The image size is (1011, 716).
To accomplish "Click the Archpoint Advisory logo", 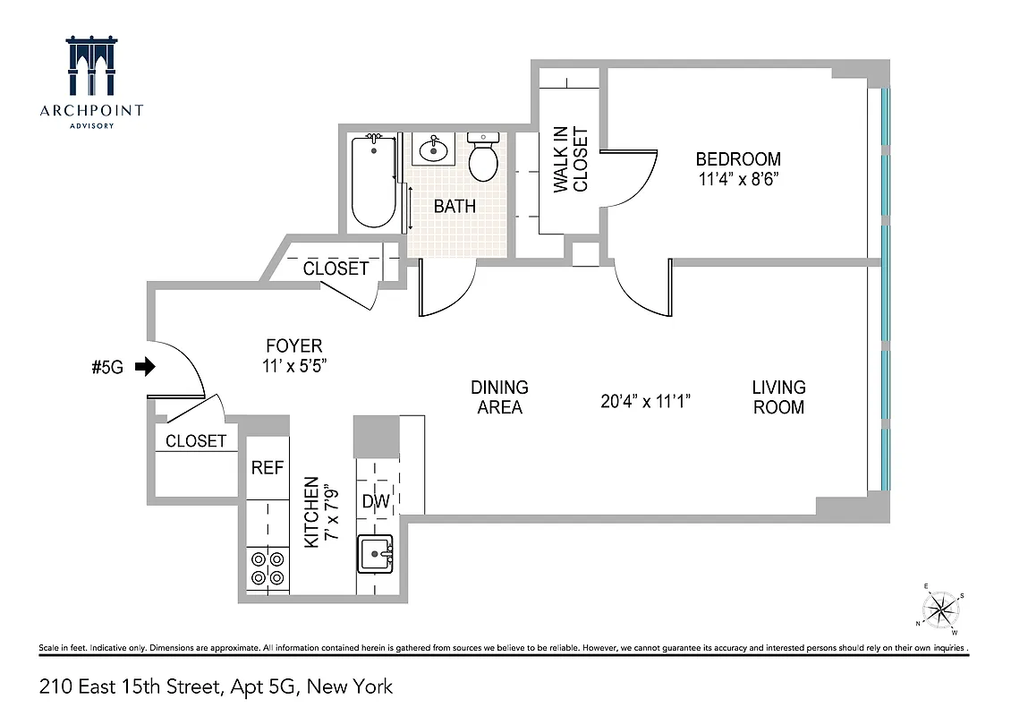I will (90, 81).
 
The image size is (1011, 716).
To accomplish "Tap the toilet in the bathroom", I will (484, 158).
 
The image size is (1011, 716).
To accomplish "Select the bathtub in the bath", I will (373, 182).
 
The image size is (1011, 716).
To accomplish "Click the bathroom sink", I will (434, 149).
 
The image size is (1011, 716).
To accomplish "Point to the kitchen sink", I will (375, 554).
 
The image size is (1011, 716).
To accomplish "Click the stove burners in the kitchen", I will (268, 568).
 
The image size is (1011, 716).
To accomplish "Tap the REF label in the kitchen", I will (267, 467).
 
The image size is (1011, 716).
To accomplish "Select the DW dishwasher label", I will (376, 501).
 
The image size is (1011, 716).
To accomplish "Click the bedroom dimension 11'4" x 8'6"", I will (738, 178).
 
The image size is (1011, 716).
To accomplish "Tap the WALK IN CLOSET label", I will (571, 160).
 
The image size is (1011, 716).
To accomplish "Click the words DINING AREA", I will (499, 397).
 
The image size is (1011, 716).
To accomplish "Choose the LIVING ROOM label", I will (778, 397).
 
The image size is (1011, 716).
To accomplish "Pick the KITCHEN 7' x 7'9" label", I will (319, 512).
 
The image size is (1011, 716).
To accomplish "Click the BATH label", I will (455, 207).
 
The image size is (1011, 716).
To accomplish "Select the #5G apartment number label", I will (107, 367).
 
